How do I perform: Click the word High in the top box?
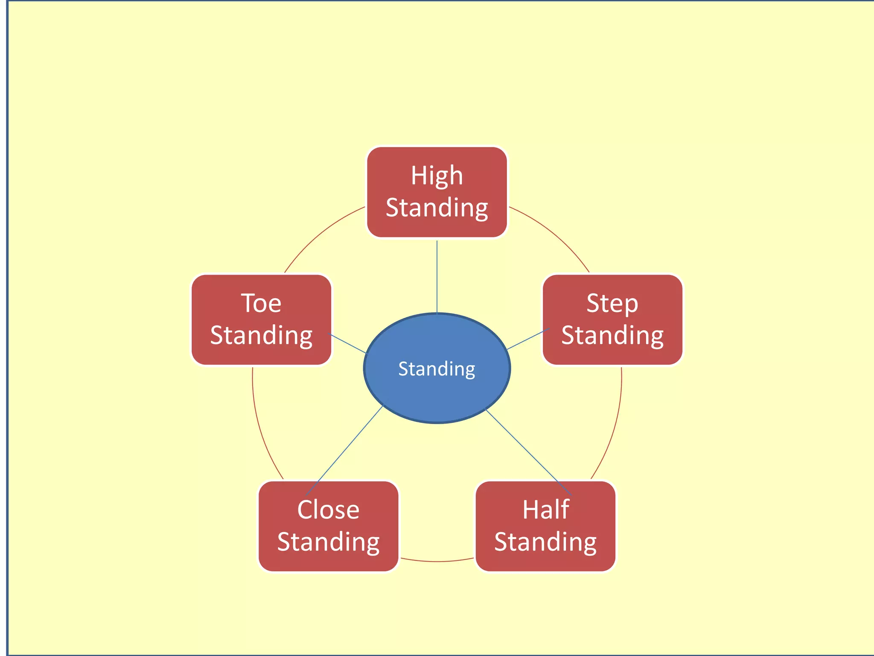(437, 176)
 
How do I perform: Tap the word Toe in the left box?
(261, 303)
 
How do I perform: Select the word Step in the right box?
(612, 303)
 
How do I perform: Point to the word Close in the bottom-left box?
(328, 510)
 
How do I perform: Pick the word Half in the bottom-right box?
(545, 510)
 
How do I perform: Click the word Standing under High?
(437, 208)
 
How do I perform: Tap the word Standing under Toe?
(261, 336)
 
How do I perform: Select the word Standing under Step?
(612, 336)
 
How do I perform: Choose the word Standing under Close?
(328, 542)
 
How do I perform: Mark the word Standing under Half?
(545, 542)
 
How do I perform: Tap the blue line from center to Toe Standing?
(348, 344)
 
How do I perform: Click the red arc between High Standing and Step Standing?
(555, 235)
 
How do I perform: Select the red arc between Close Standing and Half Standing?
(437, 561)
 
